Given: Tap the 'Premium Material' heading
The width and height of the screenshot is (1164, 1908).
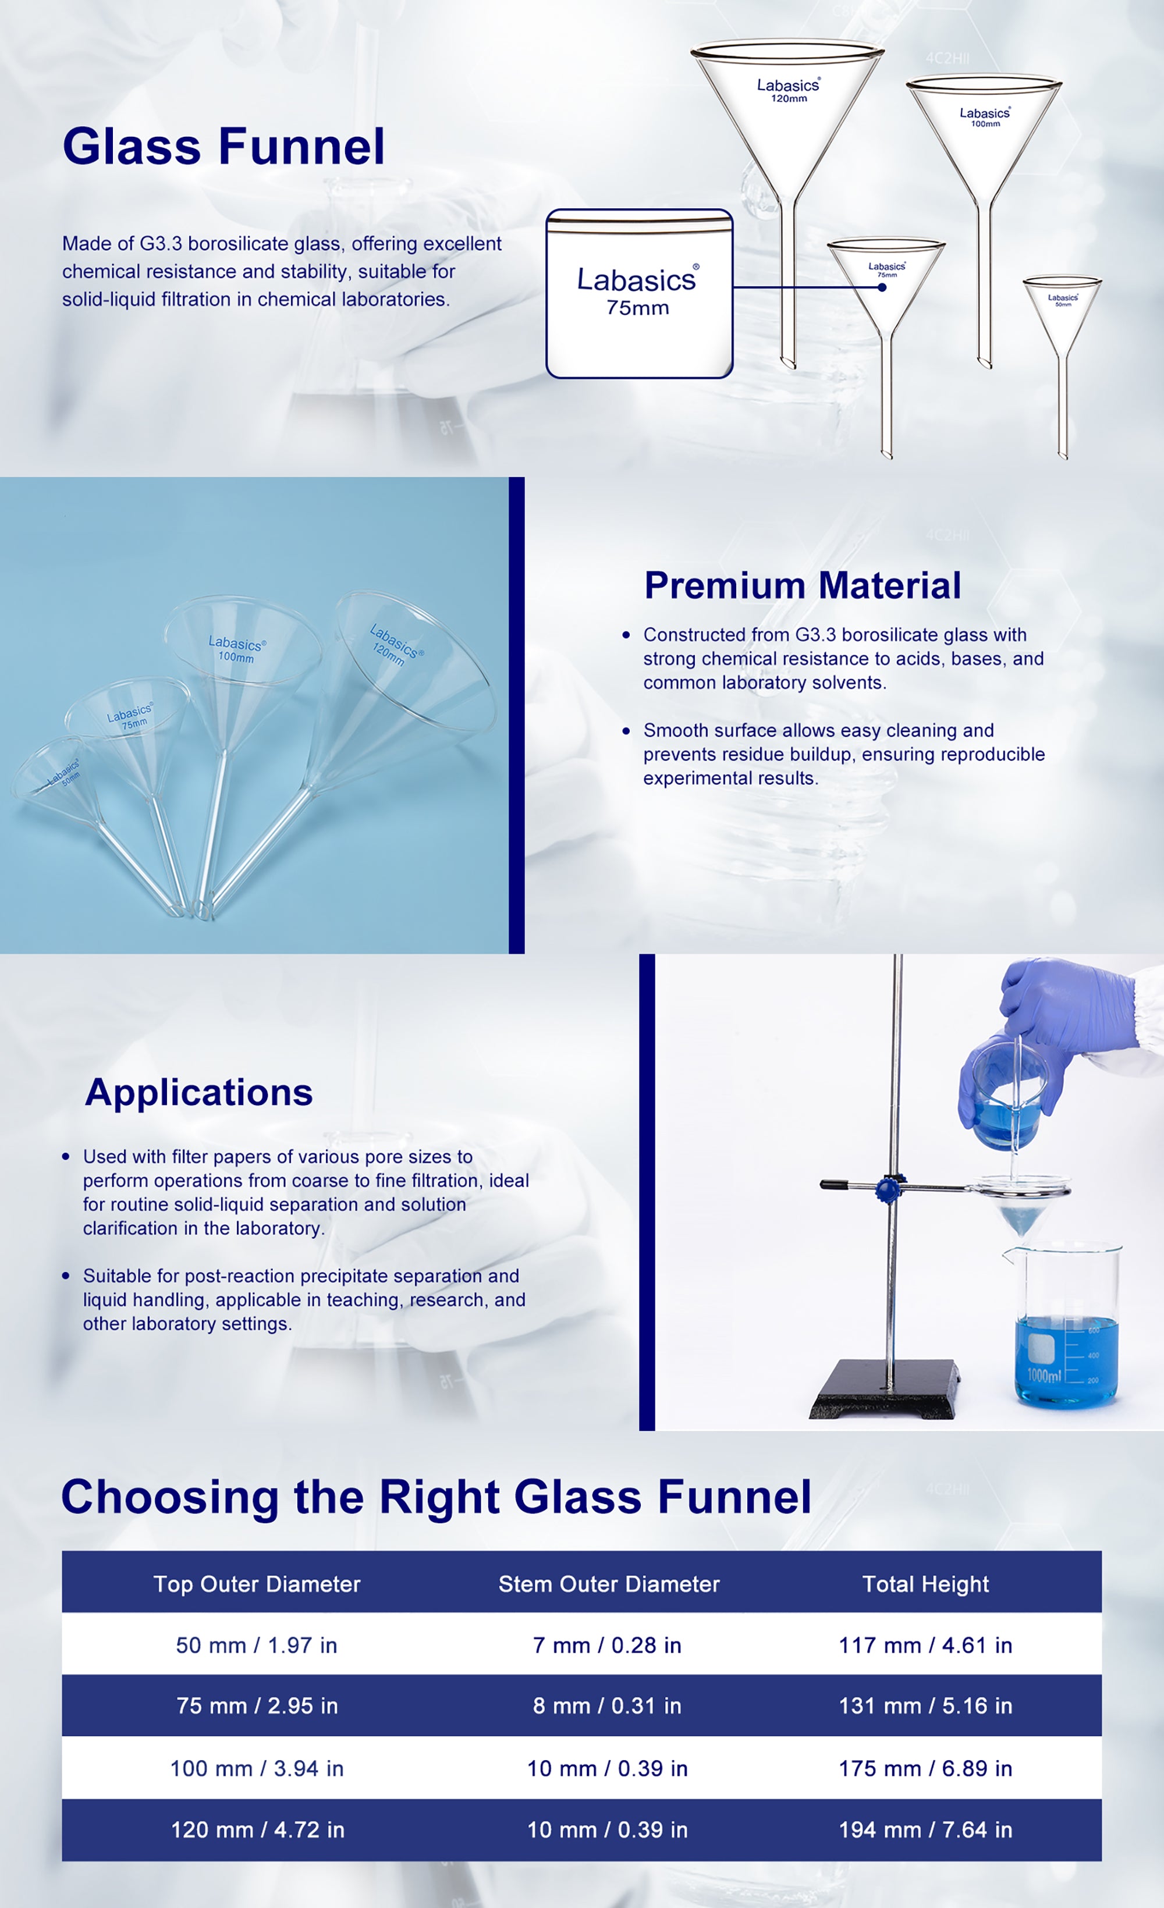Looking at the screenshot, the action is (x=803, y=585).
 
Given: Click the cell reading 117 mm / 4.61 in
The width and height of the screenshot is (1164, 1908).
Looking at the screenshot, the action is (x=925, y=1646).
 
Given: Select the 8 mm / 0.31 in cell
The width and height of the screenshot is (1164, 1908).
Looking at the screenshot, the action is (x=607, y=1706).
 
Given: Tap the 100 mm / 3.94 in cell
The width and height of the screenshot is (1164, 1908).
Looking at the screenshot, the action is (x=257, y=1768).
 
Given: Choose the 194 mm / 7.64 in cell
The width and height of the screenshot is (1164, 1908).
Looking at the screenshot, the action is (x=925, y=1830).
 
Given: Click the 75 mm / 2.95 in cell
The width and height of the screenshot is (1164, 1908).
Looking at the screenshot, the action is (x=257, y=1706).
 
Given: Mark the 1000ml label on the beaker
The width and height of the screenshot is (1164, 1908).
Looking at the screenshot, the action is (x=1044, y=1375).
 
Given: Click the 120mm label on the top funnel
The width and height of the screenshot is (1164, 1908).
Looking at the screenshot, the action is (x=789, y=99).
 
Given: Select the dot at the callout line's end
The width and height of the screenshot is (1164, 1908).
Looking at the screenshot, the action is (x=882, y=287).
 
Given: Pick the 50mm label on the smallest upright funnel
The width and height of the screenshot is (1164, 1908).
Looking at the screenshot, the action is (x=1063, y=304).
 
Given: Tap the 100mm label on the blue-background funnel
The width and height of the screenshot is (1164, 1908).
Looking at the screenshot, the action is (x=236, y=656).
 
